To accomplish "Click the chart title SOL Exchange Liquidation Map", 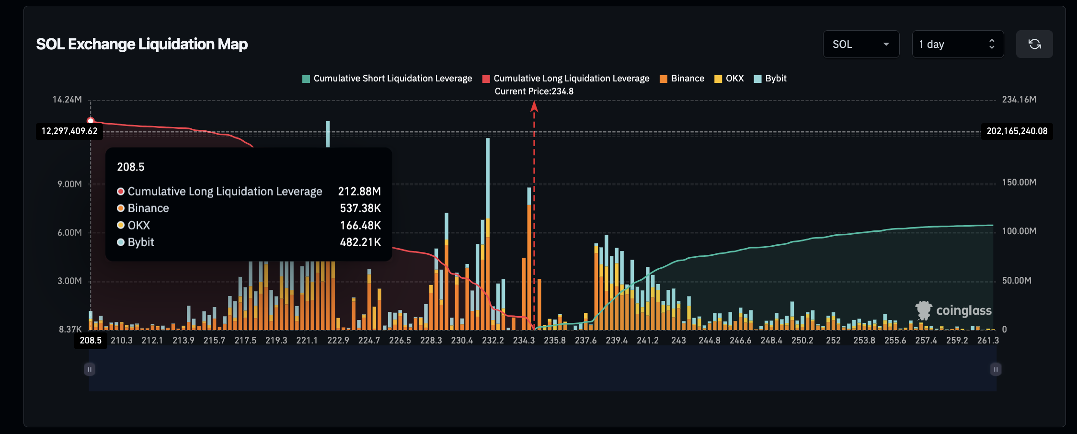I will click(142, 44).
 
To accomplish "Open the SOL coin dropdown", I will click(860, 44).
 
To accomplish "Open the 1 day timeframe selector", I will click(957, 44).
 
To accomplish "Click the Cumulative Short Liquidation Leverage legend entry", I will click(388, 79).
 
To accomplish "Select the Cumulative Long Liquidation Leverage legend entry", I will click(566, 79).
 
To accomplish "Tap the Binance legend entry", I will click(682, 79).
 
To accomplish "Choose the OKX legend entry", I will click(729, 79).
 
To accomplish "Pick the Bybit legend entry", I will click(770, 79).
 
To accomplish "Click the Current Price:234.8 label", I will click(534, 91).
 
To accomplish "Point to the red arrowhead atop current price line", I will click(534, 106).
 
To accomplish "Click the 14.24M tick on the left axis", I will click(67, 100).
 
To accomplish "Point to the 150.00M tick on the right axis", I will click(1019, 183).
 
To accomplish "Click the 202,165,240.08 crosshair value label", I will click(1017, 131).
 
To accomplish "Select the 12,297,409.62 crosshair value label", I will click(69, 131).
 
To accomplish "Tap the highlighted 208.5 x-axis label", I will click(91, 341).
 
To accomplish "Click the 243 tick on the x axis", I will click(678, 341).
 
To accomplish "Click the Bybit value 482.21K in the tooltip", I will click(360, 242).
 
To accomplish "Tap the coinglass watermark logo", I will click(953, 310).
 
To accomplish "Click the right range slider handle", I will click(996, 369).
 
